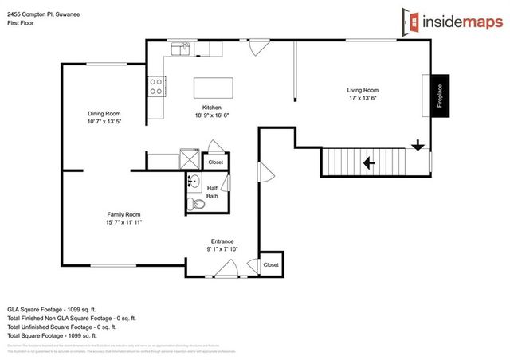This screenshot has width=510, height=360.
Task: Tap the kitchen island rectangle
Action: (214, 87)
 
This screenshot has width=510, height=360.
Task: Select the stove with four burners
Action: (155, 86)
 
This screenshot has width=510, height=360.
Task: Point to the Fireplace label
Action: (440, 95)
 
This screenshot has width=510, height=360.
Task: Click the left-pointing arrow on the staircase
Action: (367, 163)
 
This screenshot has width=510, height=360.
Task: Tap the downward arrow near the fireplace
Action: (417, 145)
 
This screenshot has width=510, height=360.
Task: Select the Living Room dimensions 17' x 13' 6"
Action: (362, 100)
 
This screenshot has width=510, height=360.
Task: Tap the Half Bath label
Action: (212, 191)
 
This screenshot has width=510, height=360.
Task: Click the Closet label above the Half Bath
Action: (216, 162)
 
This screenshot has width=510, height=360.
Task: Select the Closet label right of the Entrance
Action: (271, 264)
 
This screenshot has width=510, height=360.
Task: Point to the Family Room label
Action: (124, 214)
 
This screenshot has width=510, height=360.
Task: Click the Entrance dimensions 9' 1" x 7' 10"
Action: (222, 249)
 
